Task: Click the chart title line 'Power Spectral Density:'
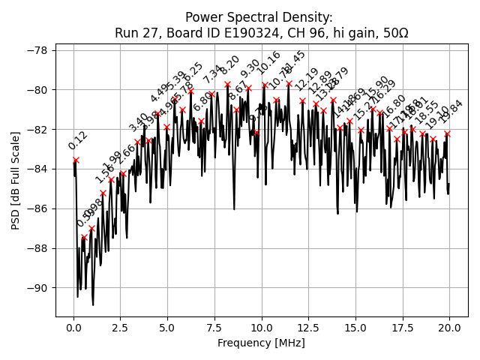[x=259, y=17]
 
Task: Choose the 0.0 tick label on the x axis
[x=73, y=327]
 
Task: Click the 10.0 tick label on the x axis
[x=262, y=327]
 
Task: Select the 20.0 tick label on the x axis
[x=449, y=327]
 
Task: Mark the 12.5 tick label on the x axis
[x=308, y=327]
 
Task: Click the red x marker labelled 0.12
[x=76, y=160]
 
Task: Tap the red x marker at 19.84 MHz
[x=447, y=133]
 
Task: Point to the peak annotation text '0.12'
[x=78, y=140]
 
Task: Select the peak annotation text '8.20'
[x=229, y=65]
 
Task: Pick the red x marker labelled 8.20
[x=227, y=85]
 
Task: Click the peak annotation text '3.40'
[x=139, y=123]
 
